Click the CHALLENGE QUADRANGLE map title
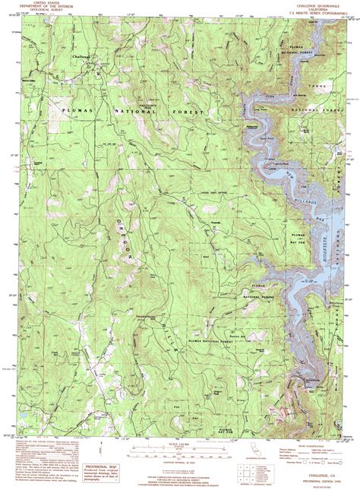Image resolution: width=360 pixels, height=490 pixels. pyautogui.click(x=299, y=3)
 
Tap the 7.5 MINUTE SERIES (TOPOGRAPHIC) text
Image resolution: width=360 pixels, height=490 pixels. pyautogui.click(x=299, y=11)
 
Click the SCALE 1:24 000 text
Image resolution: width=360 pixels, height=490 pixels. pyautogui.click(x=182, y=443)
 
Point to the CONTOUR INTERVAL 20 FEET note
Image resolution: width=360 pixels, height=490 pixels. pyautogui.click(x=182, y=460)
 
